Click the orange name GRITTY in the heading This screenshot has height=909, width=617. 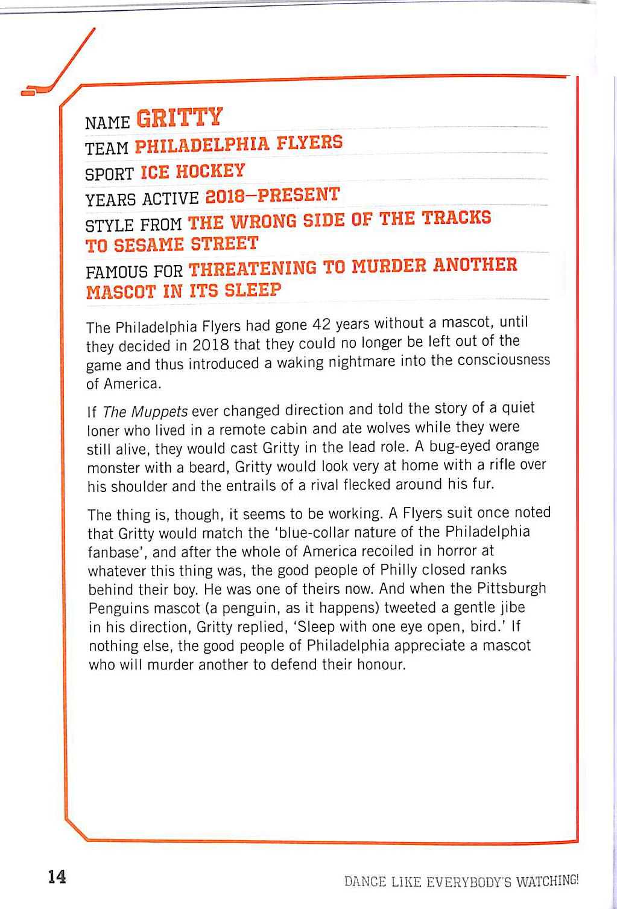click(180, 117)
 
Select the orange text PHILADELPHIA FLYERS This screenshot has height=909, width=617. click(238, 144)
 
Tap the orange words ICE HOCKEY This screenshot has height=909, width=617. click(192, 171)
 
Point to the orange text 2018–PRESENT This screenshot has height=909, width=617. click(273, 195)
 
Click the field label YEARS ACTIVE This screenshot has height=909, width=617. click(142, 199)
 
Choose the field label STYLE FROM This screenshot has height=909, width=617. click(133, 225)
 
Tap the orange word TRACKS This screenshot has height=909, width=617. click(457, 217)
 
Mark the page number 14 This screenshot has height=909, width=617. click(57, 876)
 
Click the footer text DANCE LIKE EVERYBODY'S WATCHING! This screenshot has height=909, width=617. click(461, 881)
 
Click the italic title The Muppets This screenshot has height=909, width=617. click(145, 412)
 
